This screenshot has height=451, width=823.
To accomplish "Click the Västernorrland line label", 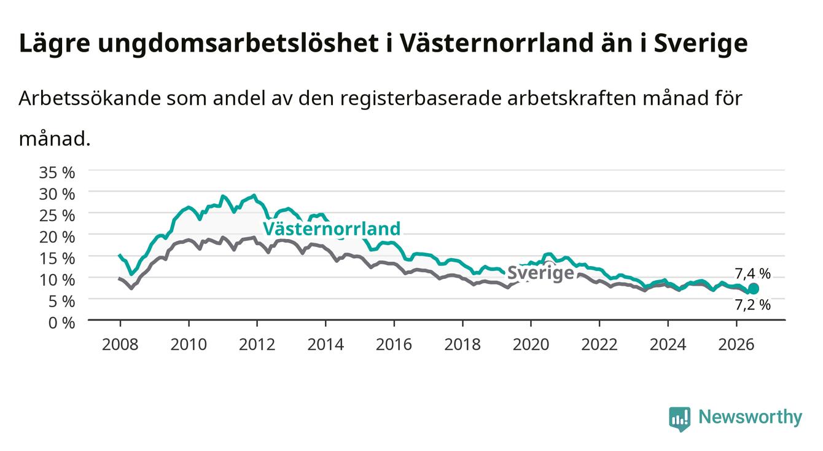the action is [x=332, y=229].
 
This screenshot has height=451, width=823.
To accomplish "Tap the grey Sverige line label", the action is [x=540, y=273].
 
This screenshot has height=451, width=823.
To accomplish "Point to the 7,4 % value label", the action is [x=752, y=273].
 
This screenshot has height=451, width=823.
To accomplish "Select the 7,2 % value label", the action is [x=753, y=305].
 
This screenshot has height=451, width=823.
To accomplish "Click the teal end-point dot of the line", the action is [x=753, y=289].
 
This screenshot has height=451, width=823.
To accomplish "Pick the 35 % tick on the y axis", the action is [x=57, y=173].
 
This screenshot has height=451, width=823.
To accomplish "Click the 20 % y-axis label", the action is [x=57, y=237].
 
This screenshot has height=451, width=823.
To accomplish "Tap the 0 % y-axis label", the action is [x=61, y=323].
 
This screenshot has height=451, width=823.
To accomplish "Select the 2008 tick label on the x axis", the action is [x=120, y=345].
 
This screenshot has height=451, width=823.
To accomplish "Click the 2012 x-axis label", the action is [x=257, y=345].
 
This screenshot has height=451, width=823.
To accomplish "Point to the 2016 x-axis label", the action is [x=394, y=345].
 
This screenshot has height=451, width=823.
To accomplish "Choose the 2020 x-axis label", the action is [x=531, y=345].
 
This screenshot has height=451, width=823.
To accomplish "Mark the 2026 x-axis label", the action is [x=736, y=345].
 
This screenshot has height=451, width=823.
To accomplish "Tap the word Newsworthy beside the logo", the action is [x=751, y=417].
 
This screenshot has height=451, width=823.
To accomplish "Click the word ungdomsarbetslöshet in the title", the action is [x=238, y=44].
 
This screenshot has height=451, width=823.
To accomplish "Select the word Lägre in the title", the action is [x=55, y=44].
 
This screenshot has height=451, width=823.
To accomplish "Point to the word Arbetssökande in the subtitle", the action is [x=90, y=98].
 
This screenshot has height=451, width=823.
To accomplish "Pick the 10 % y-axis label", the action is [x=57, y=280].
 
